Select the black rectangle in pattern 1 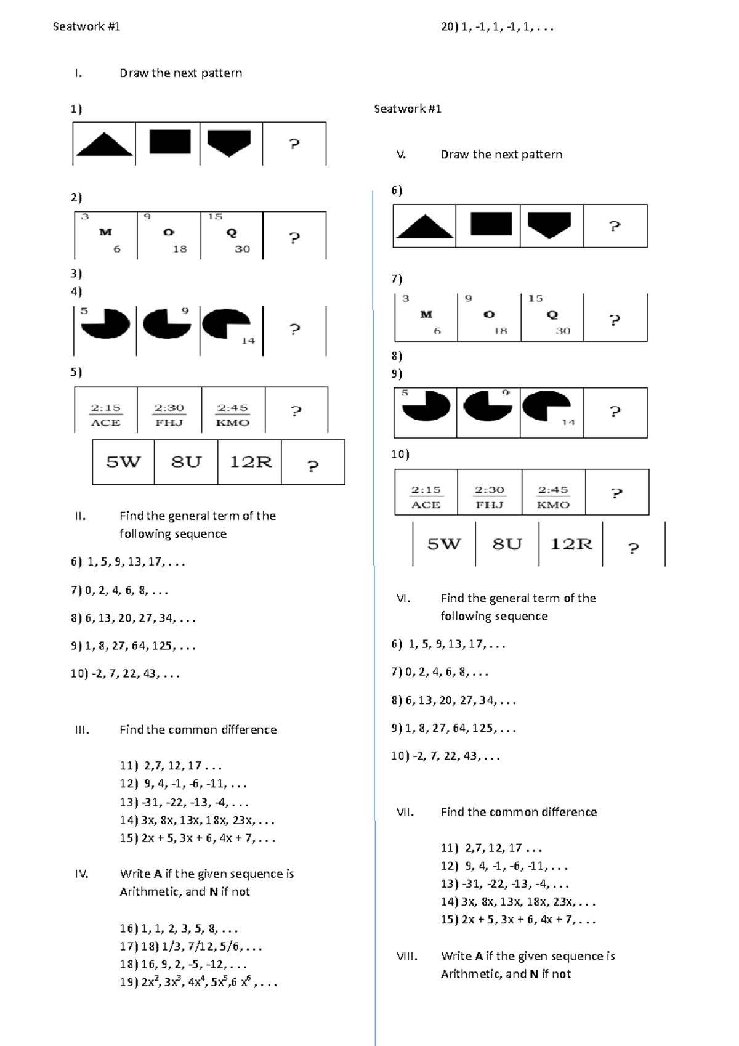coord(170,141)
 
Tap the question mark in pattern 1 coord(294,144)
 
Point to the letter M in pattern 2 coord(105,232)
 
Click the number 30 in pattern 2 coord(242,249)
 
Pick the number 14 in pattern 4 coord(248,341)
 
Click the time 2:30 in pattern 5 coord(169,408)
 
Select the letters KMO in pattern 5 coord(233,423)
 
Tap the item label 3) coord(76,274)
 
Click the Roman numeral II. coord(80,516)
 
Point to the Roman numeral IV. coord(81,874)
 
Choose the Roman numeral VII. coord(405,813)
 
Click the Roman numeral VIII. coord(407,957)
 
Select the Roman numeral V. coord(402,155)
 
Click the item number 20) coord(450,27)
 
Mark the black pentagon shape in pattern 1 coord(229,143)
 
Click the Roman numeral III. coord(82,730)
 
